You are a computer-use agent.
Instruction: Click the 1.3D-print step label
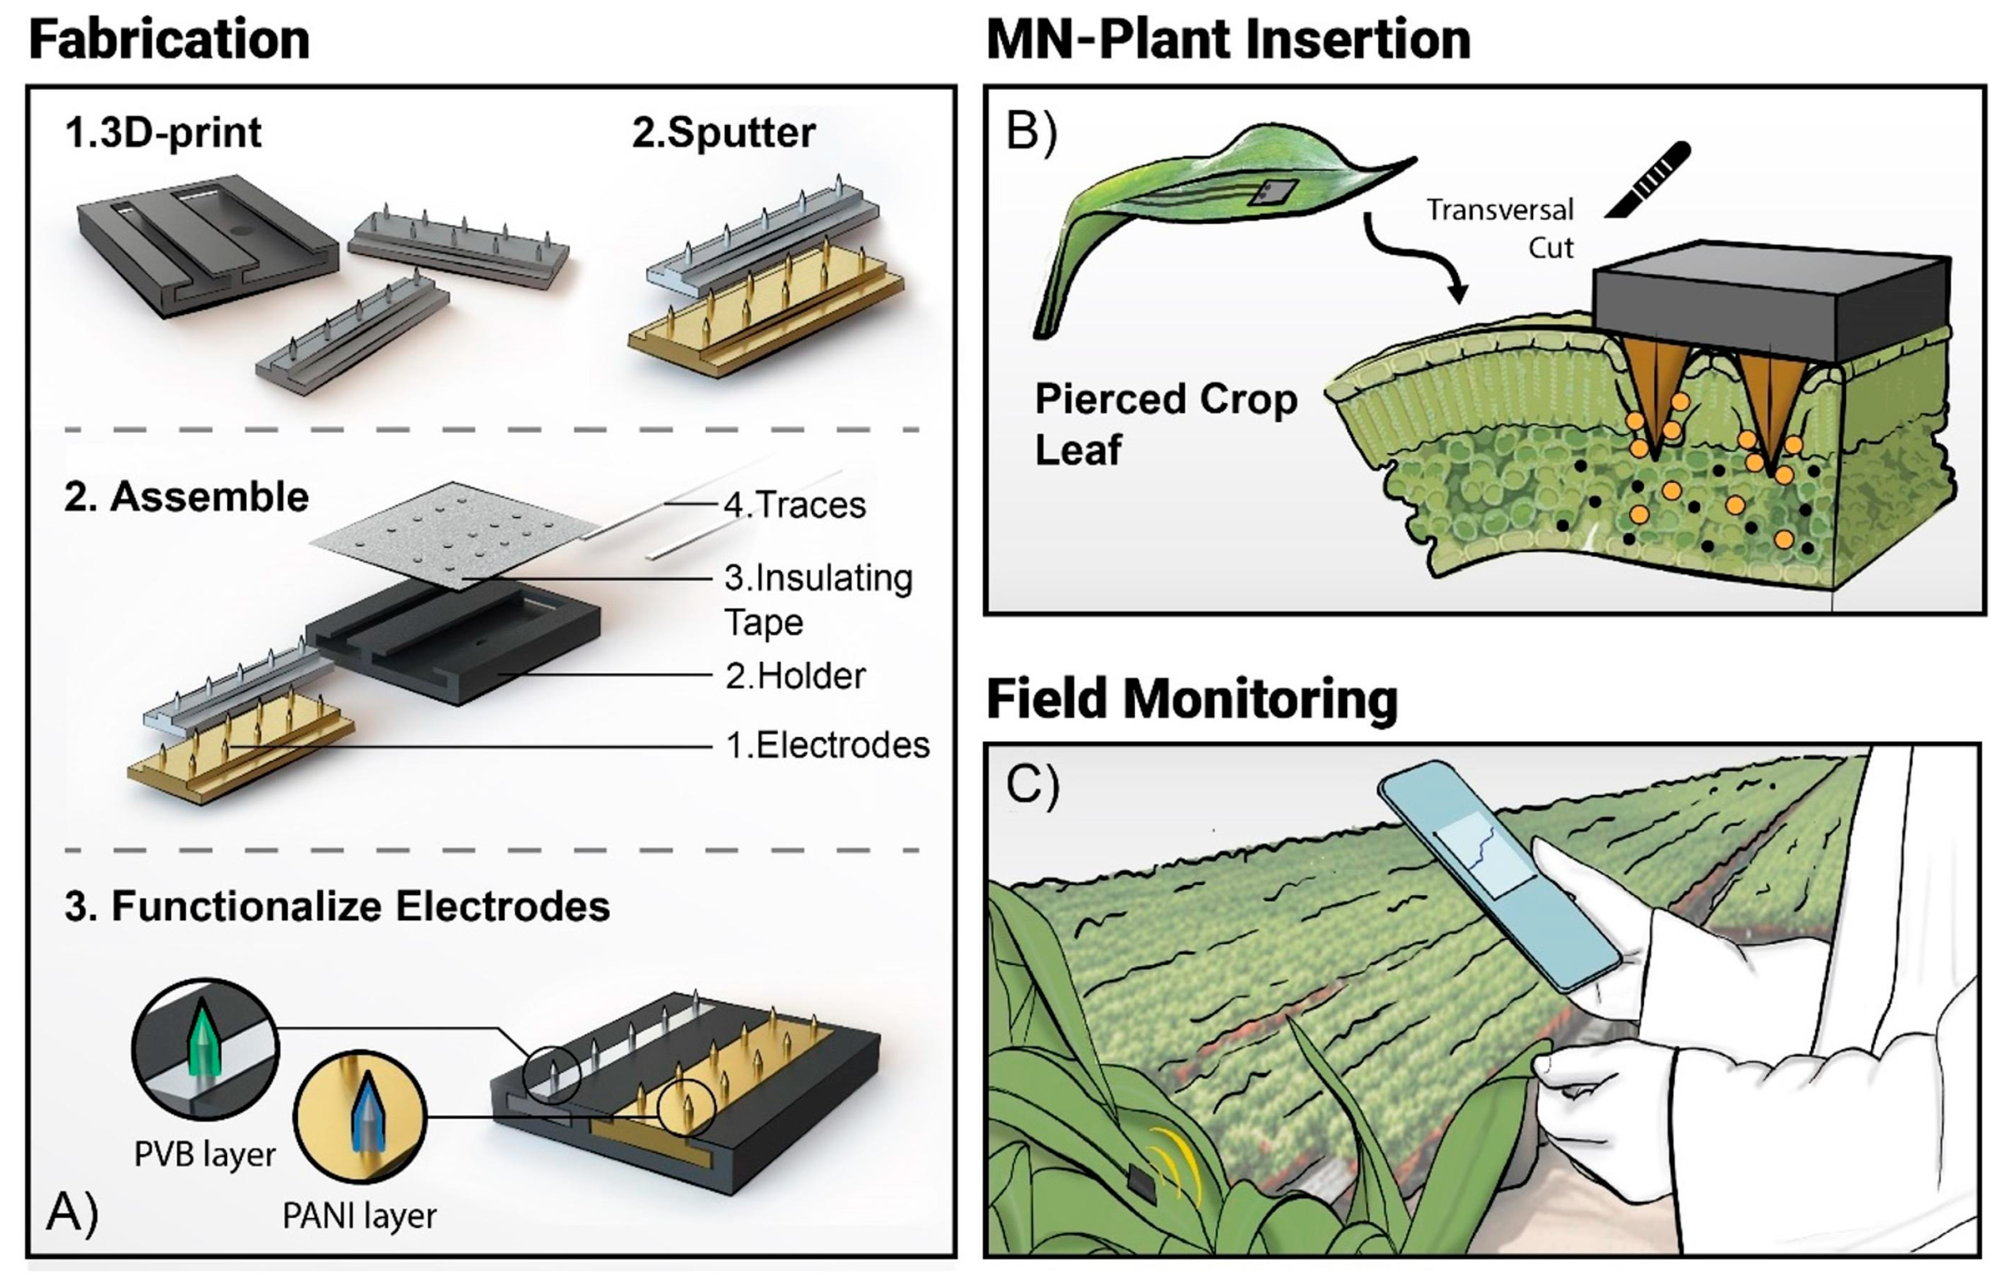coord(163,133)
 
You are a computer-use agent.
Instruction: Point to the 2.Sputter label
coord(723,133)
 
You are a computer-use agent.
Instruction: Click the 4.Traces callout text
coord(795,505)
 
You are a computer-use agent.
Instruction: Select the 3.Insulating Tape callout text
coord(818,599)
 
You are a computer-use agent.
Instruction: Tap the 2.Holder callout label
coord(795,676)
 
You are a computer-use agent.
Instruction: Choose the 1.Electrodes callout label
coord(827,745)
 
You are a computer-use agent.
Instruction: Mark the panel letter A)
coord(73,1211)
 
